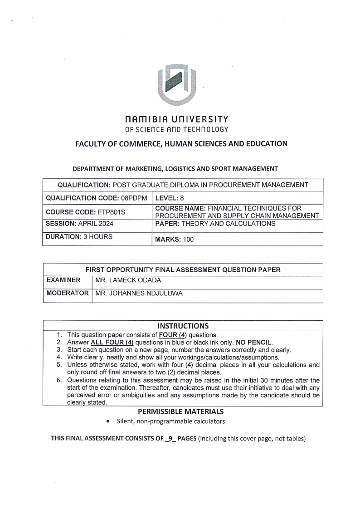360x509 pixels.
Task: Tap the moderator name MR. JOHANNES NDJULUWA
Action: pos(139,294)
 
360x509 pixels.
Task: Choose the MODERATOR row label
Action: pos(68,294)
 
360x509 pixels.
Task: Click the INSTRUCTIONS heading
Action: pos(183,326)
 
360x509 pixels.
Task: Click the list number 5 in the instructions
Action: pos(59,364)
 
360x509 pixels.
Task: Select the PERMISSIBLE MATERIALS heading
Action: pos(183,411)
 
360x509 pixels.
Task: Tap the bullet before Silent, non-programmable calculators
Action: pos(107,422)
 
